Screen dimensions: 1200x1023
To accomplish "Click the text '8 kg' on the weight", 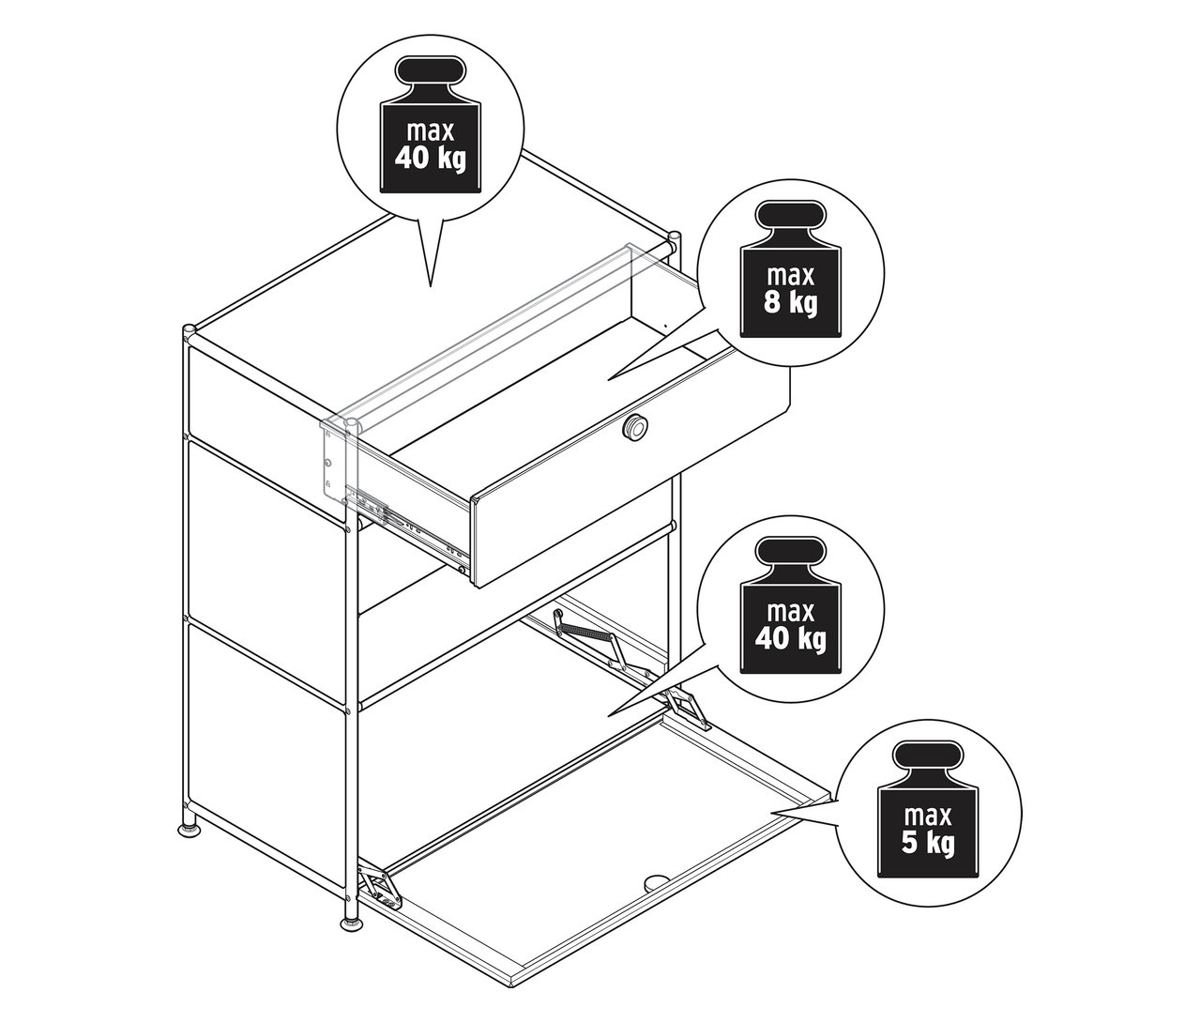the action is [791, 302].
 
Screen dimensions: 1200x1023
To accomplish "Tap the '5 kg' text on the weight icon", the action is [928, 843].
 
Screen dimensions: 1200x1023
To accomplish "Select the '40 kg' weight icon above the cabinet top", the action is [431, 124].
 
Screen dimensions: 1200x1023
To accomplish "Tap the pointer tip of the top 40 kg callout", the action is [431, 286].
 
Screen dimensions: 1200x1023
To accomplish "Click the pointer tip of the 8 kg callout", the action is [608, 380].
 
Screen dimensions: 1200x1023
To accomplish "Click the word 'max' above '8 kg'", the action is [791, 276].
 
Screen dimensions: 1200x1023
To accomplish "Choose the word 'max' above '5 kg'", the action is [928, 817].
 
